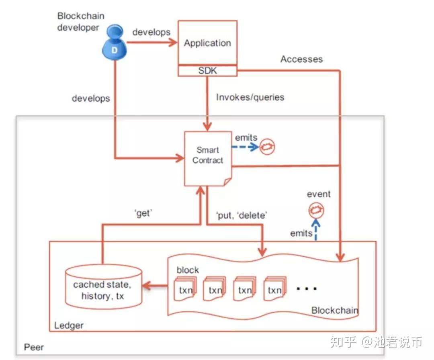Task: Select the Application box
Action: (207, 43)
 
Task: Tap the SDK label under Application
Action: (207, 71)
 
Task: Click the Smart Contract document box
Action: (208, 158)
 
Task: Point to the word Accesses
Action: (301, 59)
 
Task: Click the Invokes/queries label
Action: (250, 97)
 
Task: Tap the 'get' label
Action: (143, 213)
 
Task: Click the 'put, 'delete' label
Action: (242, 215)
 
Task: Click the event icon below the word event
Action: (316, 210)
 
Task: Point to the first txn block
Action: (185, 289)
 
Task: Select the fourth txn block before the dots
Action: (274, 289)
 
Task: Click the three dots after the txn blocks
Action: (307, 288)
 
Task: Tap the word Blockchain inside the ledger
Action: (334, 310)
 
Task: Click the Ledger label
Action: (69, 325)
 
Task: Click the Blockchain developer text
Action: (80, 22)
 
